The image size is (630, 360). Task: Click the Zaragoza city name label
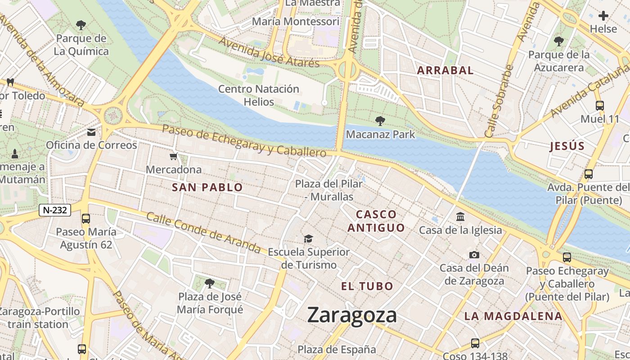tap(352, 315)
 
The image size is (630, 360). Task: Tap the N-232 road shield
tap(55, 210)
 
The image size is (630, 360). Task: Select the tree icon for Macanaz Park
tap(380, 121)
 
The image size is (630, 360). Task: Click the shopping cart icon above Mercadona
tap(174, 157)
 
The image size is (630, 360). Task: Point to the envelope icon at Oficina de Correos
tap(91, 132)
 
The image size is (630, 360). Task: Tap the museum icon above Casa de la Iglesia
tap(460, 217)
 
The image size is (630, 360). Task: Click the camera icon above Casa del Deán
tap(474, 255)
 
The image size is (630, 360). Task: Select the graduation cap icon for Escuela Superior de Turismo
tap(308, 238)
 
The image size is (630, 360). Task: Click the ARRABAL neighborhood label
tap(445, 70)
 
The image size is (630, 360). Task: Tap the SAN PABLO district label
tap(207, 188)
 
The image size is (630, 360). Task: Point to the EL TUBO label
tap(367, 286)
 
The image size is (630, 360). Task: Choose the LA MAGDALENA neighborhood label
tap(513, 316)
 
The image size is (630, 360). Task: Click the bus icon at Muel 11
tap(600, 106)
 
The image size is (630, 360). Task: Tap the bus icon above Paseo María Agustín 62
tap(86, 219)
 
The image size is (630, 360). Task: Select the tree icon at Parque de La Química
tap(81, 25)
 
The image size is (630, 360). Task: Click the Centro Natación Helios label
tap(259, 95)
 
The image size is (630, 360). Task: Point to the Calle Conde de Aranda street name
tap(203, 233)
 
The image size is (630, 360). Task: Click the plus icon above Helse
tap(603, 16)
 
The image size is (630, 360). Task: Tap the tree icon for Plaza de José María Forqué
tap(209, 283)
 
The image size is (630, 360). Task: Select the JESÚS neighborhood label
tap(567, 146)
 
